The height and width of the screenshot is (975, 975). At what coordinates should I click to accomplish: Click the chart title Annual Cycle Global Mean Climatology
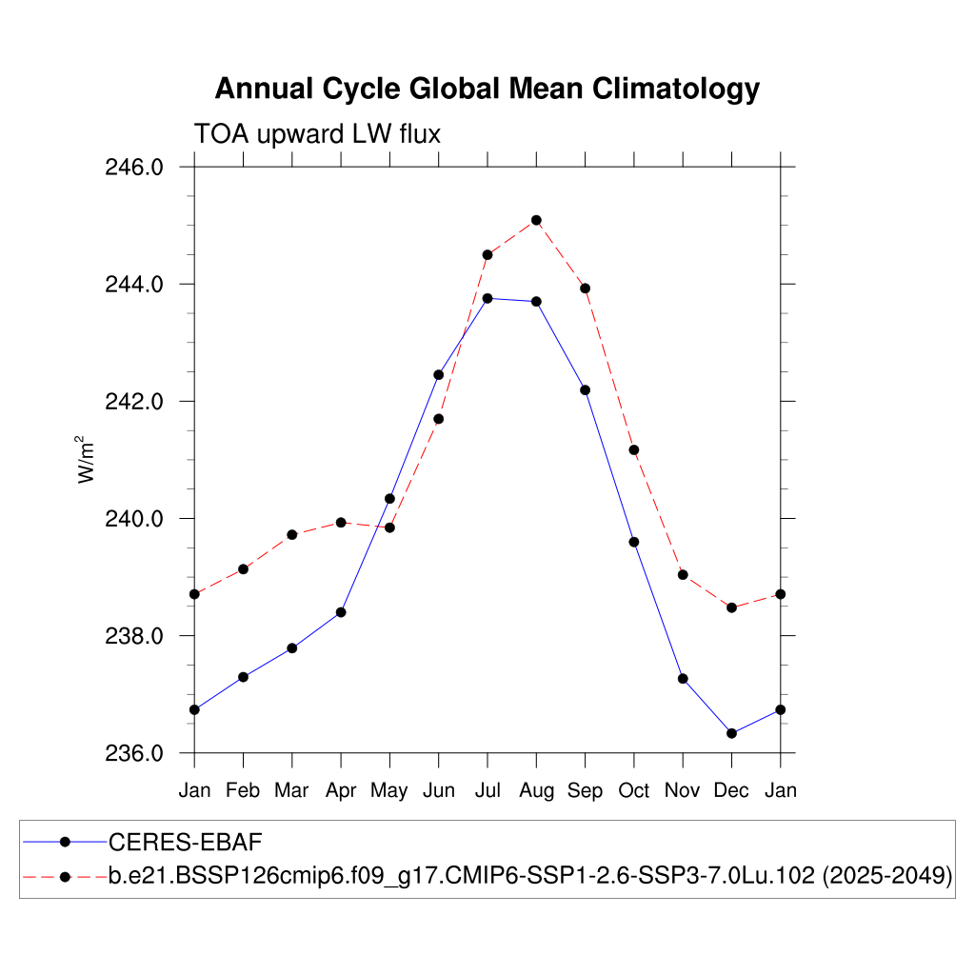coord(487,89)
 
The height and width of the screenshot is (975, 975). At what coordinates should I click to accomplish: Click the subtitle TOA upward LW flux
coord(317,134)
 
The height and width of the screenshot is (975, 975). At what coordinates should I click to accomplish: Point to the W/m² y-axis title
coord(88,459)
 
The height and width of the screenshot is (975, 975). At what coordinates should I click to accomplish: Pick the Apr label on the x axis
coord(341,790)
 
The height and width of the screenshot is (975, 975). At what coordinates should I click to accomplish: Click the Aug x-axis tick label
coord(536,790)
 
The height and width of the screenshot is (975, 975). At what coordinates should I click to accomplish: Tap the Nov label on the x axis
coord(683,790)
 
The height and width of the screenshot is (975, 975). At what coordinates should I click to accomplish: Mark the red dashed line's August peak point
coord(536,220)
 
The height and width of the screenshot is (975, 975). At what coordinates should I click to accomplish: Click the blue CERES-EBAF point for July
coord(487,298)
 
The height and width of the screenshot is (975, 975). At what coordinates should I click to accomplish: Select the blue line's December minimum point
coord(731,733)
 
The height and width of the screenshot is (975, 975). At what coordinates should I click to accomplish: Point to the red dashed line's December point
coord(731,607)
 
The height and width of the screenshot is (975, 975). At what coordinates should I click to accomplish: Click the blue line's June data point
coord(439,374)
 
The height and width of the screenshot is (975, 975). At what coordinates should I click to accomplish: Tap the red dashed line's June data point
coord(439,419)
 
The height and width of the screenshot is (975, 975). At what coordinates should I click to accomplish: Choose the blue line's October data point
coord(634,542)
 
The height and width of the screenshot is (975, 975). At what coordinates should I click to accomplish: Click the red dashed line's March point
coord(292,535)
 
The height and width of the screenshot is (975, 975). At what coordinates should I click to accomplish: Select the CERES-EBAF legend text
coord(185,842)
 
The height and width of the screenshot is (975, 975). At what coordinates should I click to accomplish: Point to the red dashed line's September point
coord(586,289)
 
